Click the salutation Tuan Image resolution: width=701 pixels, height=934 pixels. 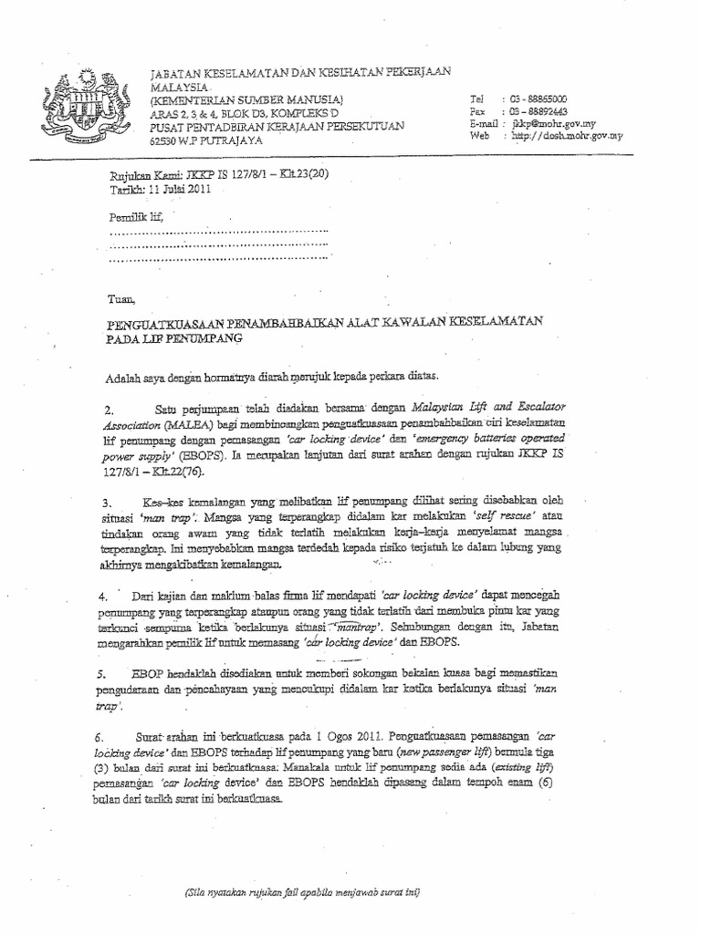(120, 298)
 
